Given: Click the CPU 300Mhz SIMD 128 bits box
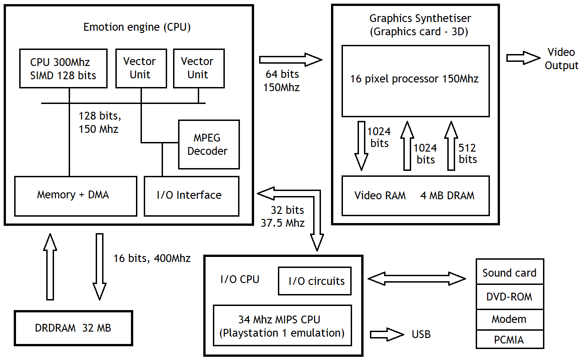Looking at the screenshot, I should coord(63,68).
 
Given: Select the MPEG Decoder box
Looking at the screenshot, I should coord(209,144).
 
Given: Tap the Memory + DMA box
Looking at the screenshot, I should coord(76,196).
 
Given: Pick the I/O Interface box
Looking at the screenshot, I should coord(191,196).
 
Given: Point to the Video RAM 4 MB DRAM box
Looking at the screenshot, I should coord(416,196).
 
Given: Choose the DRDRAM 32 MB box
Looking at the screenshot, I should coord(73,328).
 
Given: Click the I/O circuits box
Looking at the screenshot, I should coord(315,281).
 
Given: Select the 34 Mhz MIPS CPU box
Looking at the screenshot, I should coord(282,326).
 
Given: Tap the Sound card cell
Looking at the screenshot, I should coord(510,273).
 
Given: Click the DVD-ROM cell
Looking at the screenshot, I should coord(510,297).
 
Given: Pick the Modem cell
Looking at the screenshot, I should coord(510,319).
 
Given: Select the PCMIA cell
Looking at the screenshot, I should coord(510,340).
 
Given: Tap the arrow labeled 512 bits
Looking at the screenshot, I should coord(451,146).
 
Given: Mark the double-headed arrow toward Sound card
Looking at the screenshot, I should coord(417,278).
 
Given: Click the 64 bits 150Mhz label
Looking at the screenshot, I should coord(282,81).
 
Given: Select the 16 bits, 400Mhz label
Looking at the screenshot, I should coord(152,258).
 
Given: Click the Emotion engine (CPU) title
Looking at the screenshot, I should coord(137,27).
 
